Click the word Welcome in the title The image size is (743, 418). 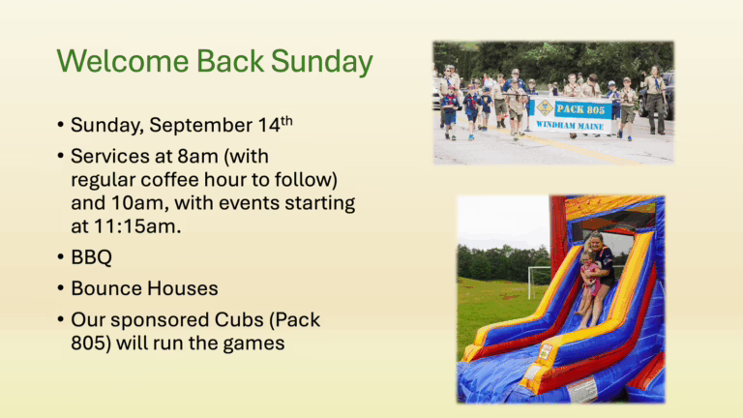pos(123,61)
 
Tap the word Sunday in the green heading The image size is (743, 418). pos(322,63)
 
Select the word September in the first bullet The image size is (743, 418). pos(200,126)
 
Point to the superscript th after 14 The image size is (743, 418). pos(286,120)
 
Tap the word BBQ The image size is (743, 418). pos(92,257)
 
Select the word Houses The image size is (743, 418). pos(183,288)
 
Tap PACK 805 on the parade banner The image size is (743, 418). pos(580,109)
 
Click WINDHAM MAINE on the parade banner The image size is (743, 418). pos(570,126)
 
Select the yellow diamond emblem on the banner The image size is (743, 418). pos(545,108)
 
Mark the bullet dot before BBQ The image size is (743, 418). pos(60,257)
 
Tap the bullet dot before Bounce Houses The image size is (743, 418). pos(60,288)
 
